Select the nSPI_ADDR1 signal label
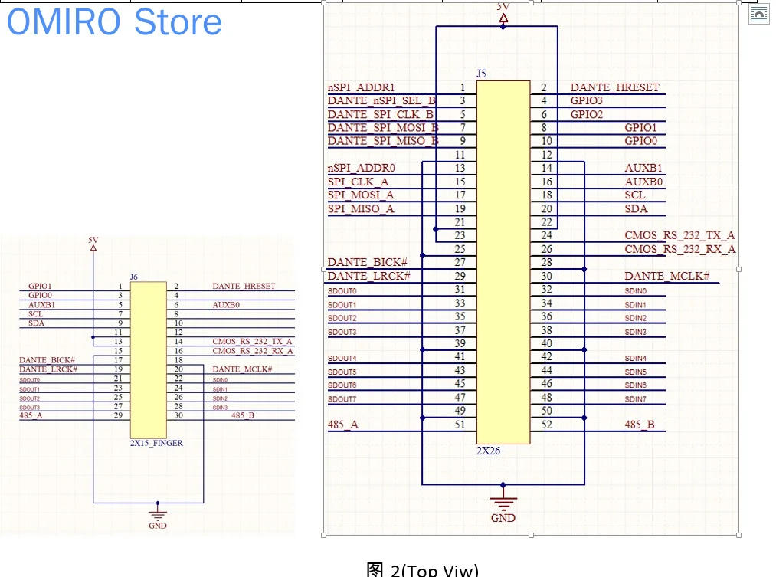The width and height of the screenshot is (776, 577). click(361, 88)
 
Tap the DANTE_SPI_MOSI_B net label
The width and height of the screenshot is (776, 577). click(383, 128)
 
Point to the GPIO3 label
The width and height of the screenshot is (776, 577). click(587, 101)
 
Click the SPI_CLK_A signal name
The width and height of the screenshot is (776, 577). click(358, 182)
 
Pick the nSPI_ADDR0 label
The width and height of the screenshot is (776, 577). click(361, 168)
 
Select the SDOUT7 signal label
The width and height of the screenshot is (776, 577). click(342, 399)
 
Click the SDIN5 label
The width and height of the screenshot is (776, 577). click(635, 372)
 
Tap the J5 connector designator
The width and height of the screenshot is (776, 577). click(481, 74)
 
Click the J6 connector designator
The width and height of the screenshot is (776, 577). click(134, 276)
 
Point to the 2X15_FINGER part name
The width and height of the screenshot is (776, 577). click(156, 443)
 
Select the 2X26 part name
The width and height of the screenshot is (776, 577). click(489, 451)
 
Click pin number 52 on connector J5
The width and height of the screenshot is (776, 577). click(546, 425)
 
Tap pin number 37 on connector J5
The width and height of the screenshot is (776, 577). click(460, 330)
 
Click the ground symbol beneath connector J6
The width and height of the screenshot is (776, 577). click(158, 513)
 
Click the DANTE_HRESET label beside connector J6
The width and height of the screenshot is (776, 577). click(243, 287)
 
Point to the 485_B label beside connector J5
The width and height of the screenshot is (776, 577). click(639, 425)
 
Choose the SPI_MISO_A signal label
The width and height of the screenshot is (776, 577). click(361, 209)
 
